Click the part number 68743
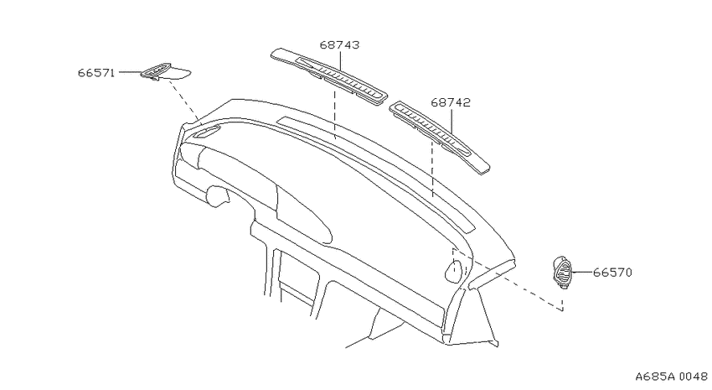click(x=339, y=45)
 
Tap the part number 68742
click(x=451, y=102)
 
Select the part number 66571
click(x=96, y=73)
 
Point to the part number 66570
click(x=612, y=273)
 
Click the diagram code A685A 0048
click(x=671, y=377)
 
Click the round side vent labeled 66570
click(x=562, y=272)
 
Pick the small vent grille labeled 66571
click(x=165, y=72)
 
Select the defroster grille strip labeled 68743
click(x=329, y=76)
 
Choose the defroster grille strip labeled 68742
click(x=440, y=138)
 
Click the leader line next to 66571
click(x=131, y=72)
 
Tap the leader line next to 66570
click(x=581, y=273)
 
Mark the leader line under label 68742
click(x=451, y=122)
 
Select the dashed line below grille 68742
click(x=432, y=169)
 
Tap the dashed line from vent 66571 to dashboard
click(x=184, y=101)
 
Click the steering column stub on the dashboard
click(x=217, y=195)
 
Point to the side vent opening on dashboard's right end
click(x=454, y=269)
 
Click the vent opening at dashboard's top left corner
click(x=208, y=132)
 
